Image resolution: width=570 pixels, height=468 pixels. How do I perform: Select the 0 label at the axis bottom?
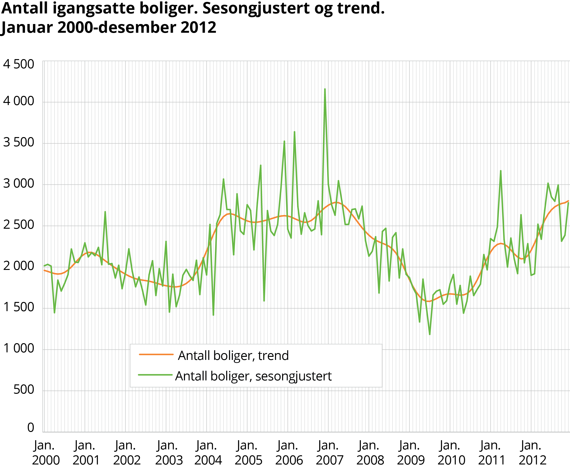tap(30, 427)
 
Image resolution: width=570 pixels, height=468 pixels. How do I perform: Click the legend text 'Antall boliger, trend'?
tap(233, 356)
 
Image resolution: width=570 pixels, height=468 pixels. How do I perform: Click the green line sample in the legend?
tap(155, 375)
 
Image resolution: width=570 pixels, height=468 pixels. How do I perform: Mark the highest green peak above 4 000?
tap(325, 89)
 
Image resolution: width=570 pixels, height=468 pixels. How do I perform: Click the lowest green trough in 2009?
tap(430, 334)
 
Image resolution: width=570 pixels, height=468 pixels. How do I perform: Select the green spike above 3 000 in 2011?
tap(501, 171)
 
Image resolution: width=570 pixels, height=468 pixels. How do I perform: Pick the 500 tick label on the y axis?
tap(24, 390)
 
